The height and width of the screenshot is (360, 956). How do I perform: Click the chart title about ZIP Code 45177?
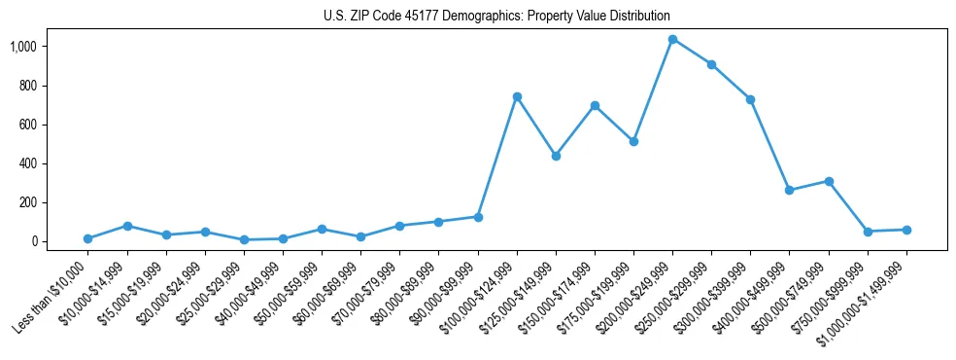[x=496, y=17]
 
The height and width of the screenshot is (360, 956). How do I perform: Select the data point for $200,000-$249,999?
[x=672, y=40]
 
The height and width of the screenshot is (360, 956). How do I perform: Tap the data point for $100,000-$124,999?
[x=517, y=96]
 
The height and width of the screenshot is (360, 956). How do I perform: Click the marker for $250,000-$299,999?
[x=711, y=64]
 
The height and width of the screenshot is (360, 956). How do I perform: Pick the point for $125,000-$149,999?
[x=556, y=156]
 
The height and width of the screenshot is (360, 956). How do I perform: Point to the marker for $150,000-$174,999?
[x=595, y=105]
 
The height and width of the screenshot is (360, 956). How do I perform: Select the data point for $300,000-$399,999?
[x=750, y=99]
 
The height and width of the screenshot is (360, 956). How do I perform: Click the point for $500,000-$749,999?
[x=829, y=181]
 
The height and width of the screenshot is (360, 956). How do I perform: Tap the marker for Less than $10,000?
[x=87, y=238]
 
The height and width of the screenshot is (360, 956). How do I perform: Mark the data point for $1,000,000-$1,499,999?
[x=906, y=230]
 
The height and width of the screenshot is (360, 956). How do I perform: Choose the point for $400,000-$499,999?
[x=789, y=190]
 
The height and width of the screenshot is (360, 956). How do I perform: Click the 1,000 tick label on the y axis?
[x=22, y=47]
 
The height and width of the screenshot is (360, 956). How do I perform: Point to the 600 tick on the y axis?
[x=27, y=125]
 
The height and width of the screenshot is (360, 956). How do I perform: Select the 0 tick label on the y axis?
[x=33, y=241]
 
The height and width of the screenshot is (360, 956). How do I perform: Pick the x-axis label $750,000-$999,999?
[x=832, y=296]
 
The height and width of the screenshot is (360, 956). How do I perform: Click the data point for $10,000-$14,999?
[x=126, y=226]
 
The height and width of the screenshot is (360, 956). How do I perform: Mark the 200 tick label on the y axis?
[x=27, y=202]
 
